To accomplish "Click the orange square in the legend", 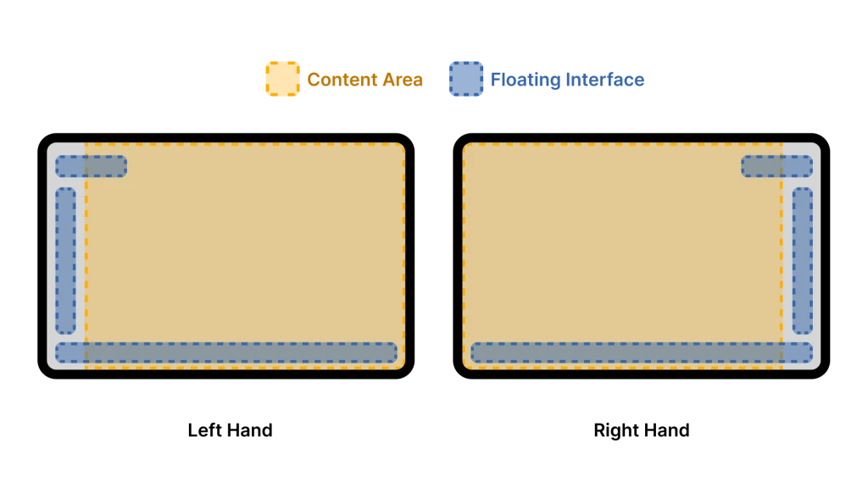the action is (282, 79).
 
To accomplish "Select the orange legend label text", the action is (364, 80).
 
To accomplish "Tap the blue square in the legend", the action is (465, 80).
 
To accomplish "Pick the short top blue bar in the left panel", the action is (92, 166).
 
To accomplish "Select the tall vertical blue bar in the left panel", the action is (66, 260).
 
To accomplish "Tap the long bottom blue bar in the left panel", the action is (226, 352).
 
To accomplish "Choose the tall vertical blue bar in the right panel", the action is (802, 260).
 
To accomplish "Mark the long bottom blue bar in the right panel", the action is (642, 352).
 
